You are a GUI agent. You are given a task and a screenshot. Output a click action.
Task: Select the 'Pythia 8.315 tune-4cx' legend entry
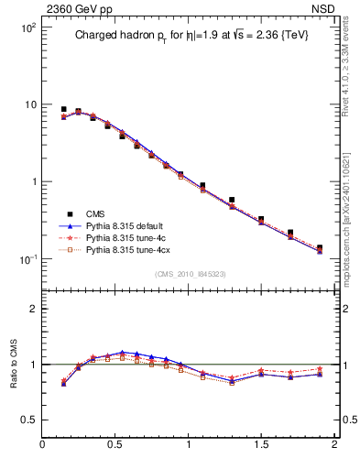coord(129,249)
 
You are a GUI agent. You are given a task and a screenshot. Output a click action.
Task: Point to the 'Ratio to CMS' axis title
coord(15,364)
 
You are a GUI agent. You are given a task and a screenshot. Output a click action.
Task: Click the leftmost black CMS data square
coord(64,109)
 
